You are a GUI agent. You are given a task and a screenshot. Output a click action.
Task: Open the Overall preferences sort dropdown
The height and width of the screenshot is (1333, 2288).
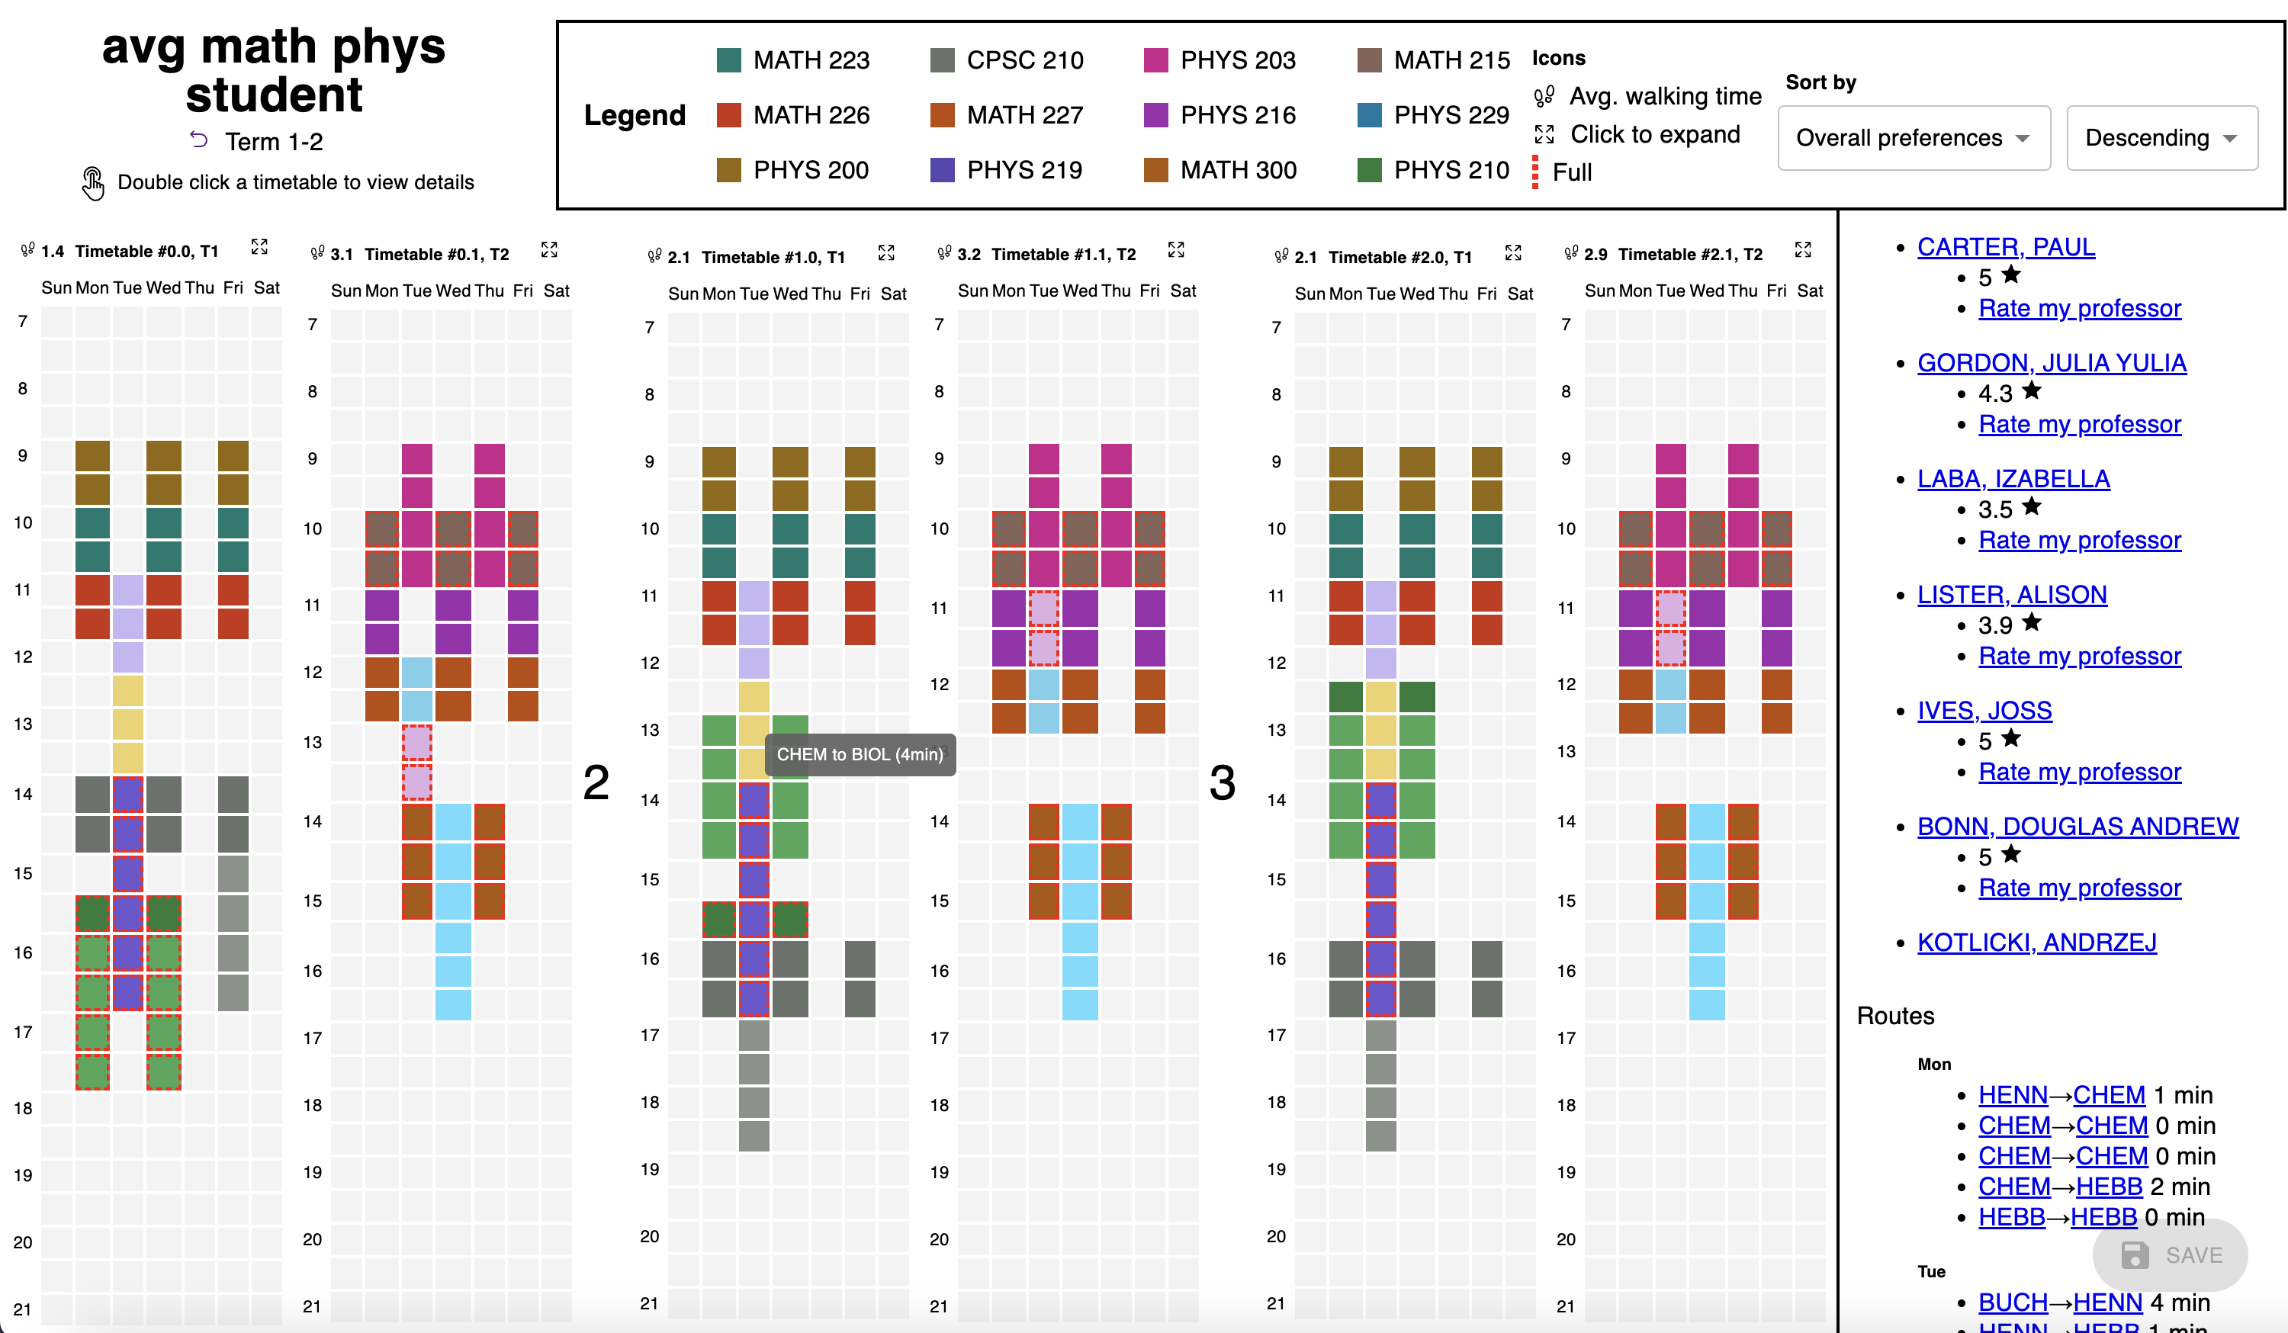[1913, 138]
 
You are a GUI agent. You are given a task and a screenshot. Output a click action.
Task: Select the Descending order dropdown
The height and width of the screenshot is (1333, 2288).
[2161, 138]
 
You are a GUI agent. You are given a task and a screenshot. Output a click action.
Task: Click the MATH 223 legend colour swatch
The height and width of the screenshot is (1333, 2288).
[728, 61]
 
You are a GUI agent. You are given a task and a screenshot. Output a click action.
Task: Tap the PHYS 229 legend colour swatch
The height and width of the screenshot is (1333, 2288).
[1369, 115]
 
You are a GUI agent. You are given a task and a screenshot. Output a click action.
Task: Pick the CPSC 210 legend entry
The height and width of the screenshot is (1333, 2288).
[1024, 61]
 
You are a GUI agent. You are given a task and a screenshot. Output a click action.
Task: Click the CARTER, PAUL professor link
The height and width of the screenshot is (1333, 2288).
[2006, 247]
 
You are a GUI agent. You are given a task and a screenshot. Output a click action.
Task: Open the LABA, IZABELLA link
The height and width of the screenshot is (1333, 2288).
[2013, 479]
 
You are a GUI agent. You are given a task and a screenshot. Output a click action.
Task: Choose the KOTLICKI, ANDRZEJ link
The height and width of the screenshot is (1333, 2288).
[2036, 942]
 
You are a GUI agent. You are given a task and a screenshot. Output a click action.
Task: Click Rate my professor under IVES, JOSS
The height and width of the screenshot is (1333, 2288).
[2079, 772]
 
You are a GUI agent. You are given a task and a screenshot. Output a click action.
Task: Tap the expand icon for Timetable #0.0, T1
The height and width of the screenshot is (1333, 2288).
[259, 247]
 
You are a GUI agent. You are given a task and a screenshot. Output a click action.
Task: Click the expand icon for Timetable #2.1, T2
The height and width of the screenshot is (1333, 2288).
[1803, 249]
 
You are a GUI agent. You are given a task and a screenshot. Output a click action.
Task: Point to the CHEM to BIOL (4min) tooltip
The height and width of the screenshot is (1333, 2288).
[860, 755]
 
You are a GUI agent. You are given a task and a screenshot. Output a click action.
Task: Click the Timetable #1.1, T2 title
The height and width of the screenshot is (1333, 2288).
[1063, 254]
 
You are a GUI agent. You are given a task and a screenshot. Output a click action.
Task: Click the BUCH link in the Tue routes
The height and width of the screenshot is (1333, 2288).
[2013, 1302]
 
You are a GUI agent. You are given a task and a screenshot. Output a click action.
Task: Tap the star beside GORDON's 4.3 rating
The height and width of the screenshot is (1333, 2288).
[2032, 390]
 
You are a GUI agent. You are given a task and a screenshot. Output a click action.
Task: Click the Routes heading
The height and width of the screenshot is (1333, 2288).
[1895, 1015]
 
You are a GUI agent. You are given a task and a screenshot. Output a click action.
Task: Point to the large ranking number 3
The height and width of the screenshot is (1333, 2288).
[1222, 782]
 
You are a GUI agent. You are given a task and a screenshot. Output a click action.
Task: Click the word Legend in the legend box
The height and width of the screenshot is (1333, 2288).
[635, 115]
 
